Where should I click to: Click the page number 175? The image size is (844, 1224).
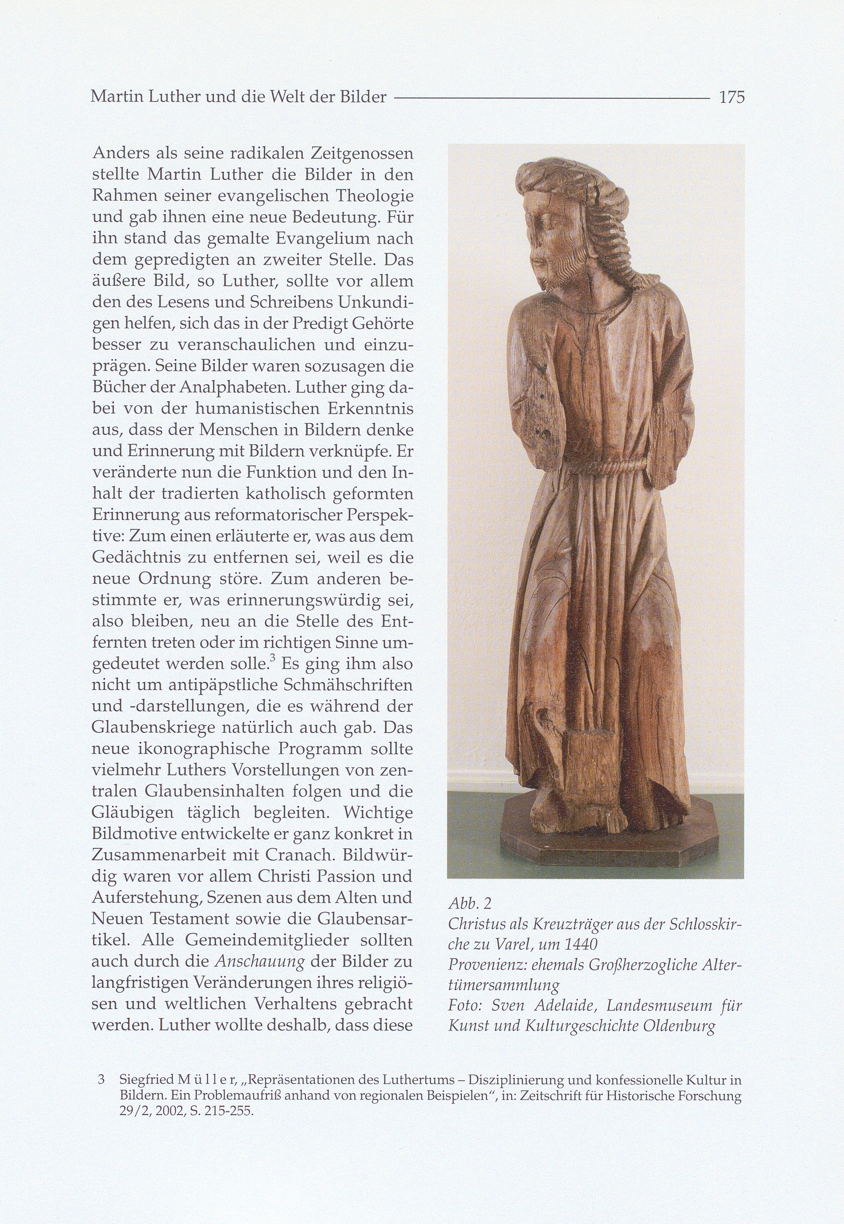click(732, 97)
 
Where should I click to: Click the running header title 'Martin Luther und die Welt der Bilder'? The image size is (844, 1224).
click(239, 97)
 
